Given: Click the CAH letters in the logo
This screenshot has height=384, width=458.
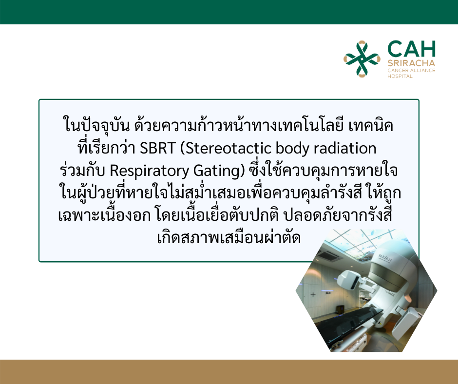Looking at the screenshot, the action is (411, 49).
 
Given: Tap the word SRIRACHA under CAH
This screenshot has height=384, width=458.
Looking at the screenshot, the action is (411, 63).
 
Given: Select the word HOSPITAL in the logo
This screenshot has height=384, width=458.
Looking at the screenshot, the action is (400, 77).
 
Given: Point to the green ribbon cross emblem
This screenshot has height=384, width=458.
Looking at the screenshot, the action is (362, 59).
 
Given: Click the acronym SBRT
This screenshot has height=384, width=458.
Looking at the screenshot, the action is (157, 148).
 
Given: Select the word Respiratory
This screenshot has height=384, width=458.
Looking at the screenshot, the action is (149, 171).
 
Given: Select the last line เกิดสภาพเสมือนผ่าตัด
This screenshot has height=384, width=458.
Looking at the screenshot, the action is (229, 237).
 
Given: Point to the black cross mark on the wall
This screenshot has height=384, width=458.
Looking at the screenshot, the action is (313, 294).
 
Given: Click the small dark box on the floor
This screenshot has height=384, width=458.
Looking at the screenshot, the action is (340, 309).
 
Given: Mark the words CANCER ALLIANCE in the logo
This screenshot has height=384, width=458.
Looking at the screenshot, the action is (411, 71).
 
